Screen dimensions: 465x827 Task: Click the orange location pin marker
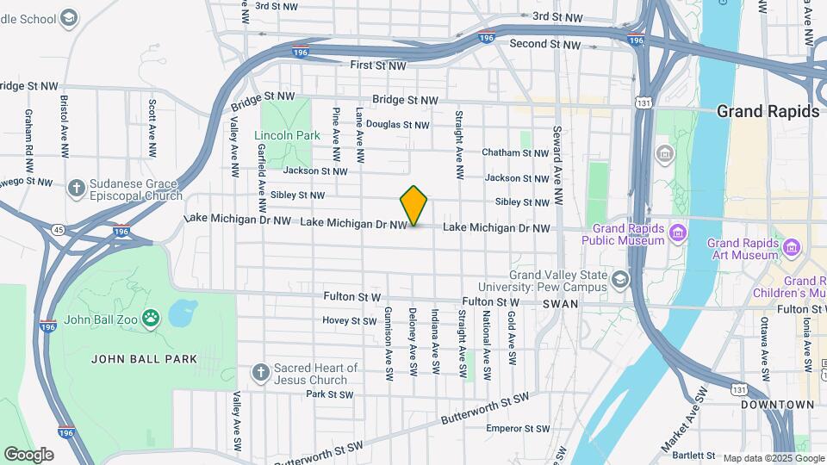[414, 205]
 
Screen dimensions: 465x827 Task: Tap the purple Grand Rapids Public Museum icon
[678, 232]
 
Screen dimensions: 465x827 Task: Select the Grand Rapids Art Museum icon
[791, 248]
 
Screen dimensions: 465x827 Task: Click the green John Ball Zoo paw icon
[151, 319]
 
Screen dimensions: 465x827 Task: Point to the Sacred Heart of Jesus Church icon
[261, 373]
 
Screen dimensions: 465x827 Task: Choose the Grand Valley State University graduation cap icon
[619, 280]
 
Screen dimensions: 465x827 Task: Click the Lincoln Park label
[287, 135]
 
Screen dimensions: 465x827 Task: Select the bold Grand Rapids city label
[768, 111]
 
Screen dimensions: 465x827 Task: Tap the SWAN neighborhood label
[561, 305]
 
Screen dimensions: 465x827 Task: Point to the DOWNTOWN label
[779, 405]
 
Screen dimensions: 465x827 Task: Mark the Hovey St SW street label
[350, 321]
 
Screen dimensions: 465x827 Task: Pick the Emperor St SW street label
[518, 428]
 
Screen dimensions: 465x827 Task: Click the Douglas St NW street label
[397, 125]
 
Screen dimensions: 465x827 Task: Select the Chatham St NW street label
[515, 153]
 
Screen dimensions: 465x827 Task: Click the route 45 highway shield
[58, 229]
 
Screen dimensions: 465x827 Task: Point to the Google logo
[28, 454]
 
